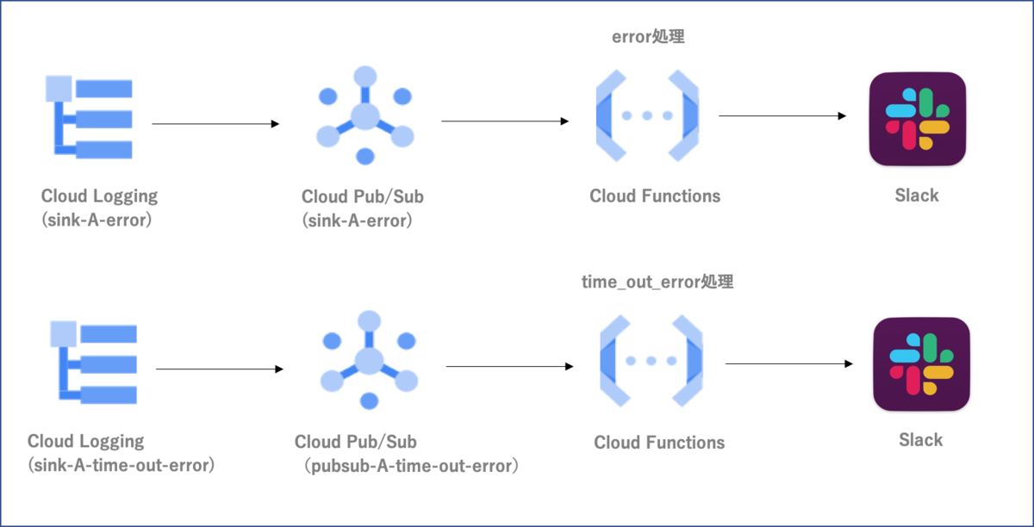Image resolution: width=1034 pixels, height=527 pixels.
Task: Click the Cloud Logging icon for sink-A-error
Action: point(89,117)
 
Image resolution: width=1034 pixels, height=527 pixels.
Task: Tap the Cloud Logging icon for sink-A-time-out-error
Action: point(94,362)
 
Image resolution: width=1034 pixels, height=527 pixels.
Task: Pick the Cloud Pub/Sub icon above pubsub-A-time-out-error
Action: point(369,360)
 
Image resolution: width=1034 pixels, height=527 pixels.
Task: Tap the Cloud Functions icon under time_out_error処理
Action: point(651,361)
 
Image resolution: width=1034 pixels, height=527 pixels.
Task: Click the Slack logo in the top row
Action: point(917,119)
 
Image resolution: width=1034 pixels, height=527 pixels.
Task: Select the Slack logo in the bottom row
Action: point(921,364)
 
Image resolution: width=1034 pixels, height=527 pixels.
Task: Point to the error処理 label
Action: point(648,37)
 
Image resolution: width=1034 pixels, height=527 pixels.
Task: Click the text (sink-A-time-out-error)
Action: point(121,465)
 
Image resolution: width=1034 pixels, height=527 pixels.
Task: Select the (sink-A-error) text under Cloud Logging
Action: point(97,220)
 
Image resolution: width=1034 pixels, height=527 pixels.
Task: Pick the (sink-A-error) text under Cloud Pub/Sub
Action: point(358,220)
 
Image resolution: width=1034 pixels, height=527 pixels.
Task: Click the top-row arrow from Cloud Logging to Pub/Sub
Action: point(215,124)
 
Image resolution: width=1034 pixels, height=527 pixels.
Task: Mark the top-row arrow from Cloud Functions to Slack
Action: point(782,115)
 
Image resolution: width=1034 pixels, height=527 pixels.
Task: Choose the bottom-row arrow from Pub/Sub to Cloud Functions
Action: point(509,366)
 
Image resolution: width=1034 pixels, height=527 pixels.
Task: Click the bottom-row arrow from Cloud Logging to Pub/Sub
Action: point(220,369)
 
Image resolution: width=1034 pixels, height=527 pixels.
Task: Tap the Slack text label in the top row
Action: point(917,195)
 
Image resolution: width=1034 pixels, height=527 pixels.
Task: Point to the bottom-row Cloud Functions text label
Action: point(659,443)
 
